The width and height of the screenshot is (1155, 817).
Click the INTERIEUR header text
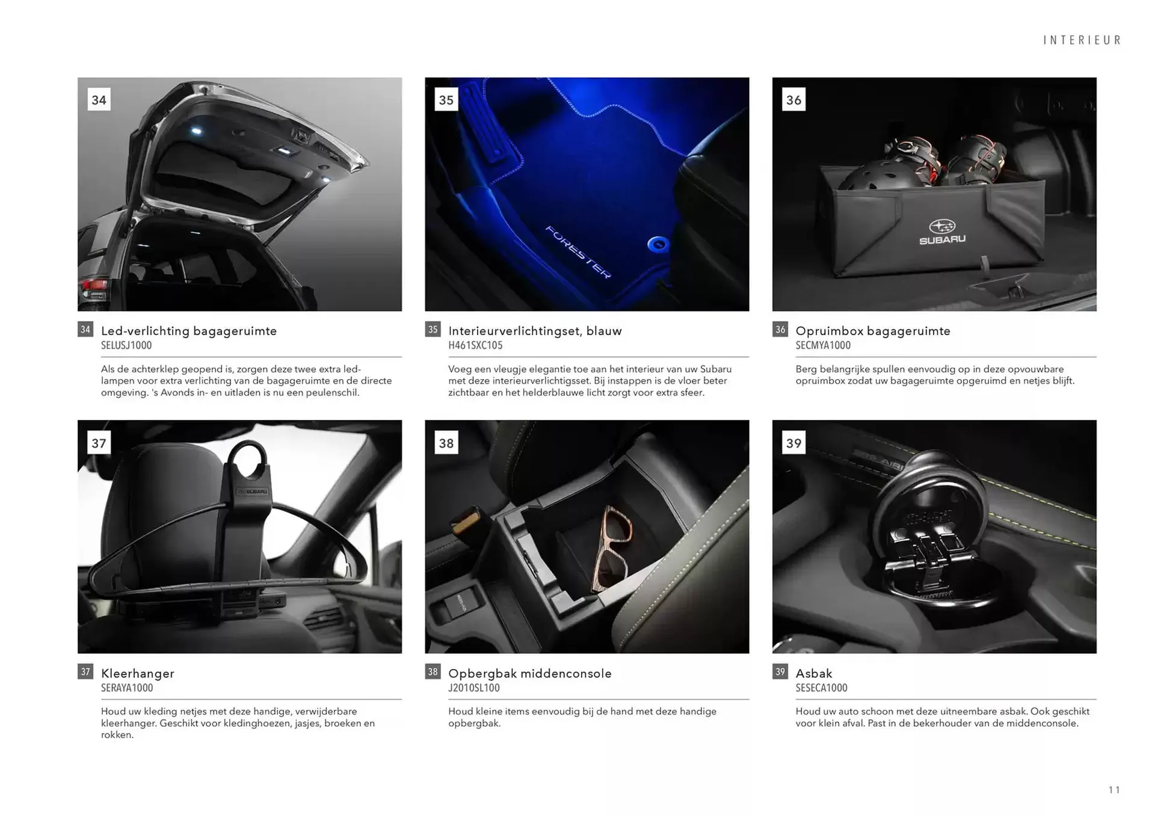(x=1082, y=40)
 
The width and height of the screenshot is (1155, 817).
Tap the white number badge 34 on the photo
(x=99, y=100)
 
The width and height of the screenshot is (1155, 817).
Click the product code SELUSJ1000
(x=126, y=345)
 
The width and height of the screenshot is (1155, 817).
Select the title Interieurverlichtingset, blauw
(x=534, y=331)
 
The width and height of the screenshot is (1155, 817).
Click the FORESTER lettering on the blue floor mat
(x=577, y=251)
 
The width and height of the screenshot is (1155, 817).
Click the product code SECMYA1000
(x=822, y=345)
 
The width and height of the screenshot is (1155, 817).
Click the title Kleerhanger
(x=137, y=673)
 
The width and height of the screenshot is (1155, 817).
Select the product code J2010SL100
(x=473, y=688)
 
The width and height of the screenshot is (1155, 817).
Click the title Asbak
(x=813, y=673)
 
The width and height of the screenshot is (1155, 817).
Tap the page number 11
(x=1113, y=790)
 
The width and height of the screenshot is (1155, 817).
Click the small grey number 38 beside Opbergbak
(x=433, y=671)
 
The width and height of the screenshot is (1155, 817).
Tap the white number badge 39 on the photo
(x=793, y=443)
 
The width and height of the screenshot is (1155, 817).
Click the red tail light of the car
(x=94, y=288)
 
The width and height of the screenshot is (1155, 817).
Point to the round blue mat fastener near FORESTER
(x=658, y=244)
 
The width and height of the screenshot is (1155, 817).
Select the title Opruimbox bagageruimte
(x=872, y=331)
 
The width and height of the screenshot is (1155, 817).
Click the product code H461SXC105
(x=475, y=345)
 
